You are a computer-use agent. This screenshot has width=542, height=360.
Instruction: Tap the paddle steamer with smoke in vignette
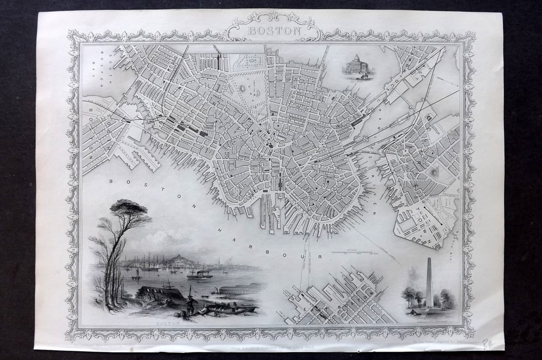200,274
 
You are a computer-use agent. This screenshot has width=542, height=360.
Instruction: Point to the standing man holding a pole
189,300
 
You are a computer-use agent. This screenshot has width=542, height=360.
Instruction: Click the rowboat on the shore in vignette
235,309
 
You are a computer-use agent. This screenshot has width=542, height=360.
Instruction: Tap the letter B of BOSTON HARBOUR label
111,181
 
